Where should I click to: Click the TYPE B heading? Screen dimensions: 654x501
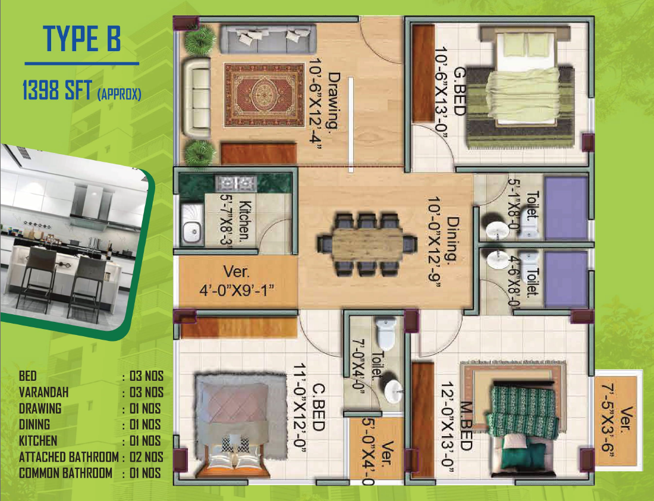(x=82, y=39)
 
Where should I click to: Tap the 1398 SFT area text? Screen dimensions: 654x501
(x=57, y=90)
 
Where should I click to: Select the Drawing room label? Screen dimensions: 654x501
(x=334, y=101)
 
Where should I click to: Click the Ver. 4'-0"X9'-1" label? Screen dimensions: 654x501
(x=237, y=281)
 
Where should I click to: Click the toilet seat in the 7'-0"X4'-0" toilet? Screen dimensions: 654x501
(x=385, y=334)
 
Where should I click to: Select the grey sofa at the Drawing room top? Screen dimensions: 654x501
(x=267, y=39)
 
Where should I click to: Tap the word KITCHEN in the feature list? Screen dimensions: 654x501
(x=38, y=441)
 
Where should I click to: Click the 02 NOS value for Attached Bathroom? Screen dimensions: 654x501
(x=146, y=457)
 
